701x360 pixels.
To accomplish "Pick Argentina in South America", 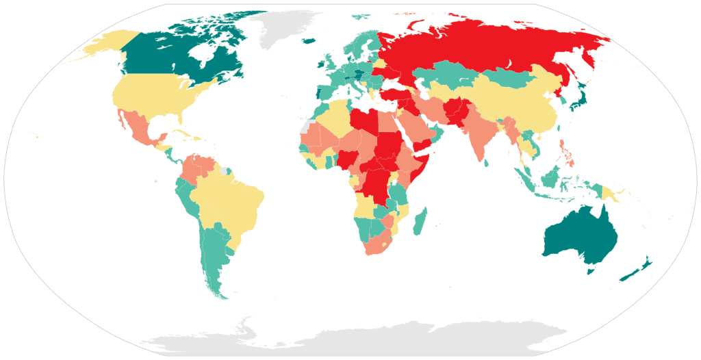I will (215, 253).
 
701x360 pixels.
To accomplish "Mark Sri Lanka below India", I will (485, 163).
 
